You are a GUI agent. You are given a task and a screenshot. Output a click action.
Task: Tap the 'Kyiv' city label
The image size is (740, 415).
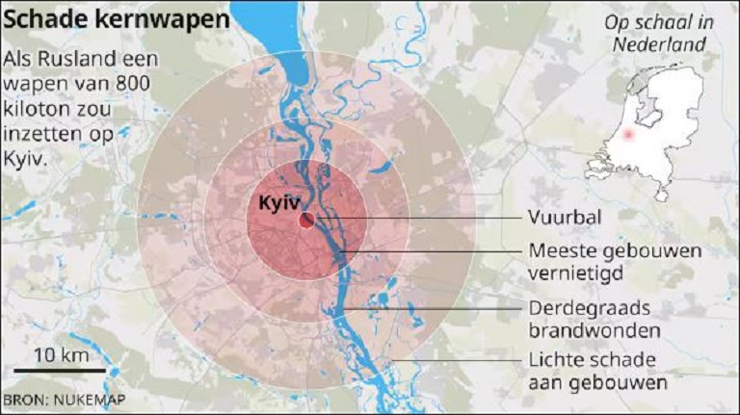279,203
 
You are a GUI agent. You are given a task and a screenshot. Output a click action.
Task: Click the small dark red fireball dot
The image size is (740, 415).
306,220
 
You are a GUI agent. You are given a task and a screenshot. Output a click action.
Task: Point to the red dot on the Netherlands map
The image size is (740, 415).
629,135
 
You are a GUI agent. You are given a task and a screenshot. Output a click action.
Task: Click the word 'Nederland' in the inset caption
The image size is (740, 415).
664,45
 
